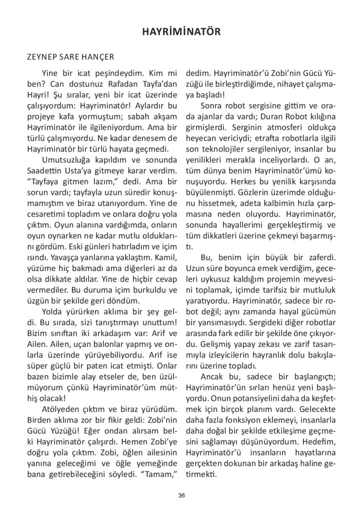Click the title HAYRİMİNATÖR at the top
pyautogui.click(x=181, y=32)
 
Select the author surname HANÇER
pyautogui.click(x=98, y=57)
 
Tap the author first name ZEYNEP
pyautogui.click(x=41, y=57)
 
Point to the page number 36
pyautogui.click(x=181, y=495)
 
